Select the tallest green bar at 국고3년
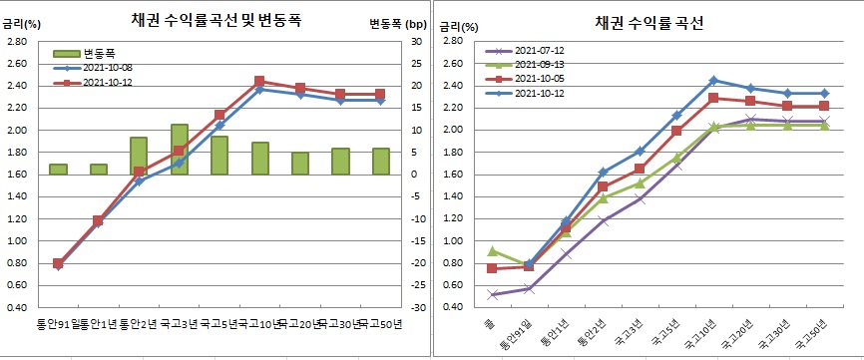coord(179,149)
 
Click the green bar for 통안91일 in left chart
coord(58,169)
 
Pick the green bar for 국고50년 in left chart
coord(380,162)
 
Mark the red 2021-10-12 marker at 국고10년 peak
coord(259,81)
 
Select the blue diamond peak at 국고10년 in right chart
coord(713,80)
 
